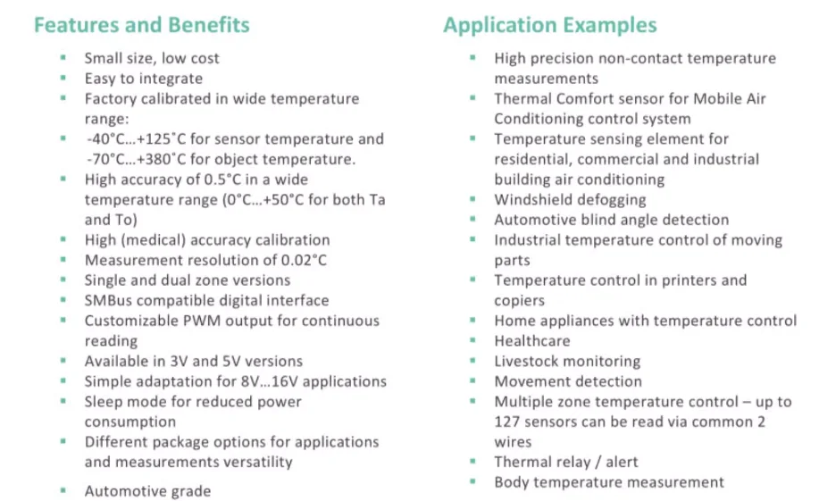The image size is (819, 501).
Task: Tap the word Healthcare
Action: tap(532, 340)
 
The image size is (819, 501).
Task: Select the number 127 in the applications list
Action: tap(509, 422)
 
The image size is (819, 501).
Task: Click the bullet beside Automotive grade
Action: tap(63, 490)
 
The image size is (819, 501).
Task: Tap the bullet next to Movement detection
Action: tap(473, 381)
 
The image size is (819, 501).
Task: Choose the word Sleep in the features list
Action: tap(104, 401)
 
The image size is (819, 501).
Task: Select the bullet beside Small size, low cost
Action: tap(63, 58)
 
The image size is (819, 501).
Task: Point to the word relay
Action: tap(576, 462)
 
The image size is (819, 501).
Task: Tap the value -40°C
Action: tap(107, 138)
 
